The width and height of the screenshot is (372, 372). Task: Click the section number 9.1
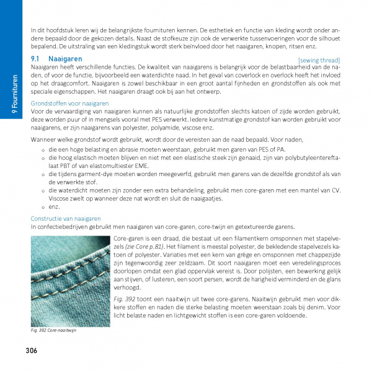(x=36, y=59)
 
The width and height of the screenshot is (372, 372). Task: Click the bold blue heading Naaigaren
(x=65, y=59)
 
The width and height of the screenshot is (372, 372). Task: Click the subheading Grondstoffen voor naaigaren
(x=69, y=104)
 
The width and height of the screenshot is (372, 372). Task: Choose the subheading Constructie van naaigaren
(x=66, y=219)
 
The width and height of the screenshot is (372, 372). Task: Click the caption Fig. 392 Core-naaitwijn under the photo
(x=57, y=330)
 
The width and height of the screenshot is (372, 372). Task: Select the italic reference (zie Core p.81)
(x=148, y=246)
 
